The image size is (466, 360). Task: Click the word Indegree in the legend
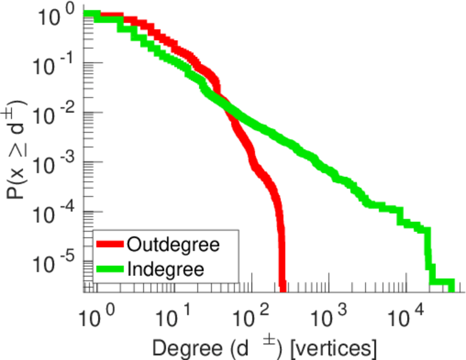click(x=165, y=269)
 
